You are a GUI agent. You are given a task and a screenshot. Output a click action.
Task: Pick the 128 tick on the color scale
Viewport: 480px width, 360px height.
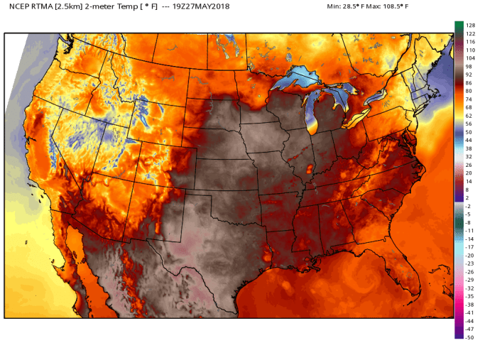tap(470, 26)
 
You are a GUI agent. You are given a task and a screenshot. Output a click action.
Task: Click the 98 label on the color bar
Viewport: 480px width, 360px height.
tap(470, 66)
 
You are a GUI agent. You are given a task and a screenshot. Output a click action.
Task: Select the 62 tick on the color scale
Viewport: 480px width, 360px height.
tap(470, 115)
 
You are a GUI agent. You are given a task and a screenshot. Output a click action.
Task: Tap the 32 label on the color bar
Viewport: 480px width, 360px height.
tap(470, 156)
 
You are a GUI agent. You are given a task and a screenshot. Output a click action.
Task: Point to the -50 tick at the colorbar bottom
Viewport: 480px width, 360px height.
tap(470, 337)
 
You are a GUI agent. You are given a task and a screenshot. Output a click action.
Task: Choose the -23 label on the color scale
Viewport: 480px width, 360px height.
tap(470, 263)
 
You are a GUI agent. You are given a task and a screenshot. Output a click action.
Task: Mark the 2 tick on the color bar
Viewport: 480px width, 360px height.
tap(470, 197)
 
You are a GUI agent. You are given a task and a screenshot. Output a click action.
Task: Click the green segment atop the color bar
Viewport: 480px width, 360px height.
tap(459, 26)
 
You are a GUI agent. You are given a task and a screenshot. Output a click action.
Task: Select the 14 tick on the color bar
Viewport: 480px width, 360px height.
tap(470, 181)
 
